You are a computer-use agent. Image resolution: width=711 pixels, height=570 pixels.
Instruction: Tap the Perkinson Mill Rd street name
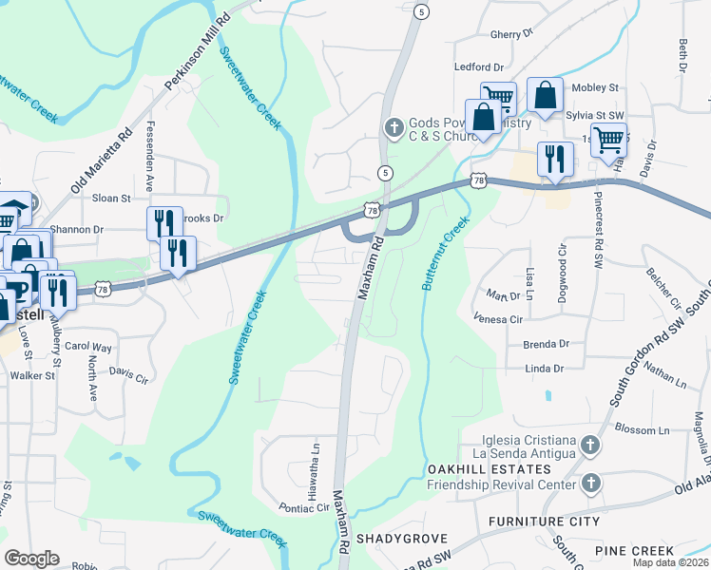(198, 53)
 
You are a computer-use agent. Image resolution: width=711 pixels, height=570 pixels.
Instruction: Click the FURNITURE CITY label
(544, 522)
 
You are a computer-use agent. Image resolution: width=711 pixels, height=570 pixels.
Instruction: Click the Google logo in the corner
(31, 559)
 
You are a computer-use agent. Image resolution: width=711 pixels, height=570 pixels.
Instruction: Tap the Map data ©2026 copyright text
(671, 562)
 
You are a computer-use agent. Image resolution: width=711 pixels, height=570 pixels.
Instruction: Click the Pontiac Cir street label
(303, 508)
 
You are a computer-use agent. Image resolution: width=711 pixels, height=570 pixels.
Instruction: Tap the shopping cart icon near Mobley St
(498, 96)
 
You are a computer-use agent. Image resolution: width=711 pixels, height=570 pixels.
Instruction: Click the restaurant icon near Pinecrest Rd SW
(555, 157)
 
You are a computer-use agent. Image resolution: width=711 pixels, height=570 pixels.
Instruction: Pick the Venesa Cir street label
(498, 320)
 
